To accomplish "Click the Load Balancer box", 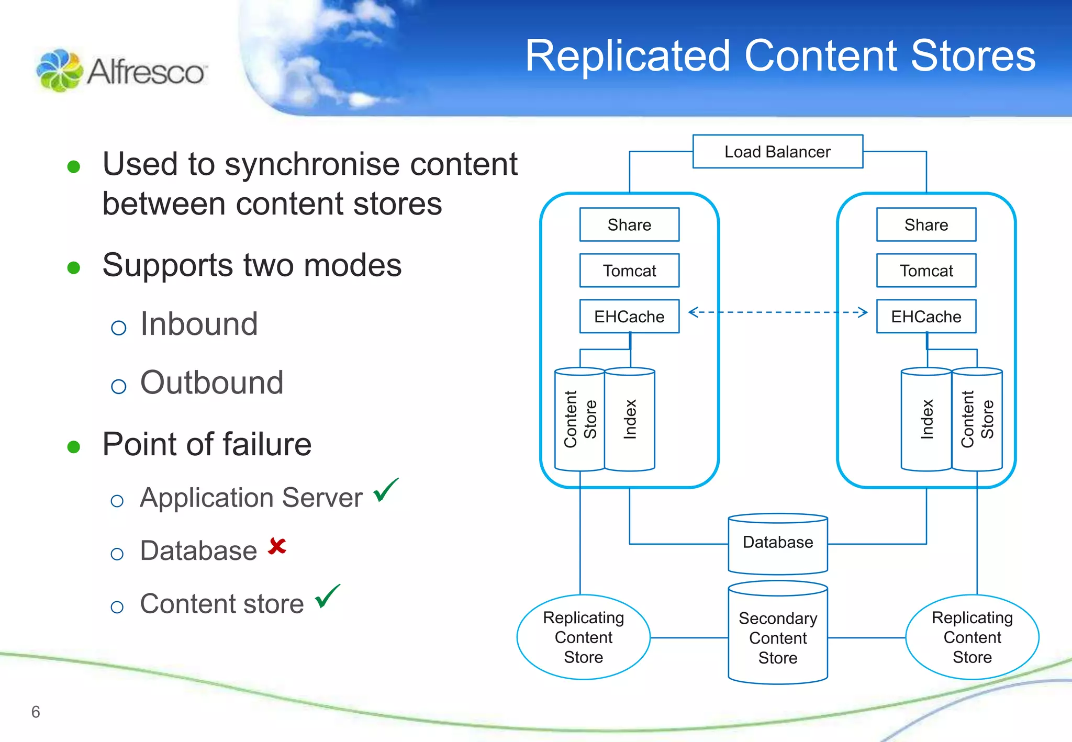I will point(777,152).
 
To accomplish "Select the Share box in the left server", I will point(629,225).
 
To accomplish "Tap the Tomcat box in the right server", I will point(926,271).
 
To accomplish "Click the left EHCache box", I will point(629,317).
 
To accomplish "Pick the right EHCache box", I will point(926,317).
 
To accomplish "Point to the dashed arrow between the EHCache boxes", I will point(778,312).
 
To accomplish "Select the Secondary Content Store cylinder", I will point(778,636).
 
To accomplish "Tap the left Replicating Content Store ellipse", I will point(583,637).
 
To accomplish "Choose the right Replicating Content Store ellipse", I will point(972,637).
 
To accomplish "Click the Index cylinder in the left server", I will point(630,420).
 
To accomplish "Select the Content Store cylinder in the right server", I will point(977,420).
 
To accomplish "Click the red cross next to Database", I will point(277,546).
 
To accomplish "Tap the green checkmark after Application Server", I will point(386,490).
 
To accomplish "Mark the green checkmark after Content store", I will point(327,597).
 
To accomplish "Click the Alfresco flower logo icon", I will point(59,71).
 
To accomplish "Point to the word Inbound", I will point(199,324).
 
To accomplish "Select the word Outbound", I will point(211,383).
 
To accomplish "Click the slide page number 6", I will point(36,712).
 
